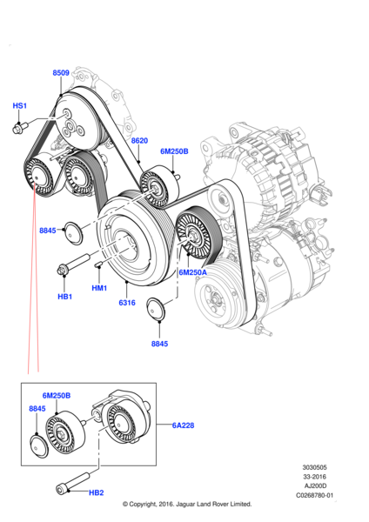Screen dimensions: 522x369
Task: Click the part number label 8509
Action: pos(61,74)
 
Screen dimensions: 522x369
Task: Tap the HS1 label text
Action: pos(19,105)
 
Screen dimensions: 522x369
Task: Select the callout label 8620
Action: pos(140,140)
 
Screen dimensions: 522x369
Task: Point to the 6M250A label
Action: pos(193,272)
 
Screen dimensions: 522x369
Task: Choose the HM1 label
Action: pos(99,288)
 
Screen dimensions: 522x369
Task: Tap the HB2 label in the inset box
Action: pos(96,492)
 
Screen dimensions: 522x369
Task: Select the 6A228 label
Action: pos(183,425)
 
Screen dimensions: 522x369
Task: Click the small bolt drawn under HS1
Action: pos(19,130)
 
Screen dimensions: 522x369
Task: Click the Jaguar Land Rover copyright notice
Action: pos(187,504)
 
